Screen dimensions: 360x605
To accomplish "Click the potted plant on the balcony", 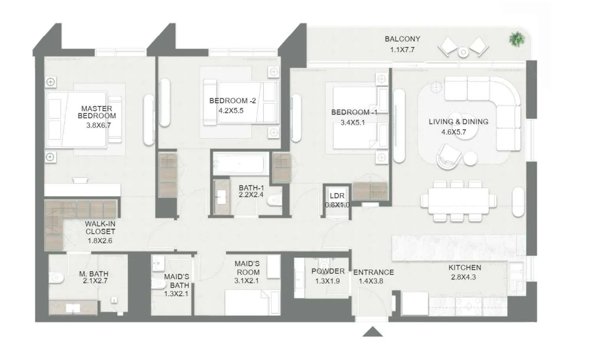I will [517, 39].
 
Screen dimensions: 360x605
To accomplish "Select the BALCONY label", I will [402, 39].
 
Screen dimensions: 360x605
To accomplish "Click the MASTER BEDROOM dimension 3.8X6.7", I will [101, 126].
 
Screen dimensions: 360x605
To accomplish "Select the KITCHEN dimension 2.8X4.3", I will [463, 278].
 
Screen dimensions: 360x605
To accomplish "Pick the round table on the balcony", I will [463, 52].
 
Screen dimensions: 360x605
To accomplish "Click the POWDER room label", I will [328, 271].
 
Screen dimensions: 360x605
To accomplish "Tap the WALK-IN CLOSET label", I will [99, 228].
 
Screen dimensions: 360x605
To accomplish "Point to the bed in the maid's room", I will [251, 302].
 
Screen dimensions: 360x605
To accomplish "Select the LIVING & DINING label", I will [458, 121].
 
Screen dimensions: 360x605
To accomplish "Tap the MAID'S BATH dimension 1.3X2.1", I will [176, 294].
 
